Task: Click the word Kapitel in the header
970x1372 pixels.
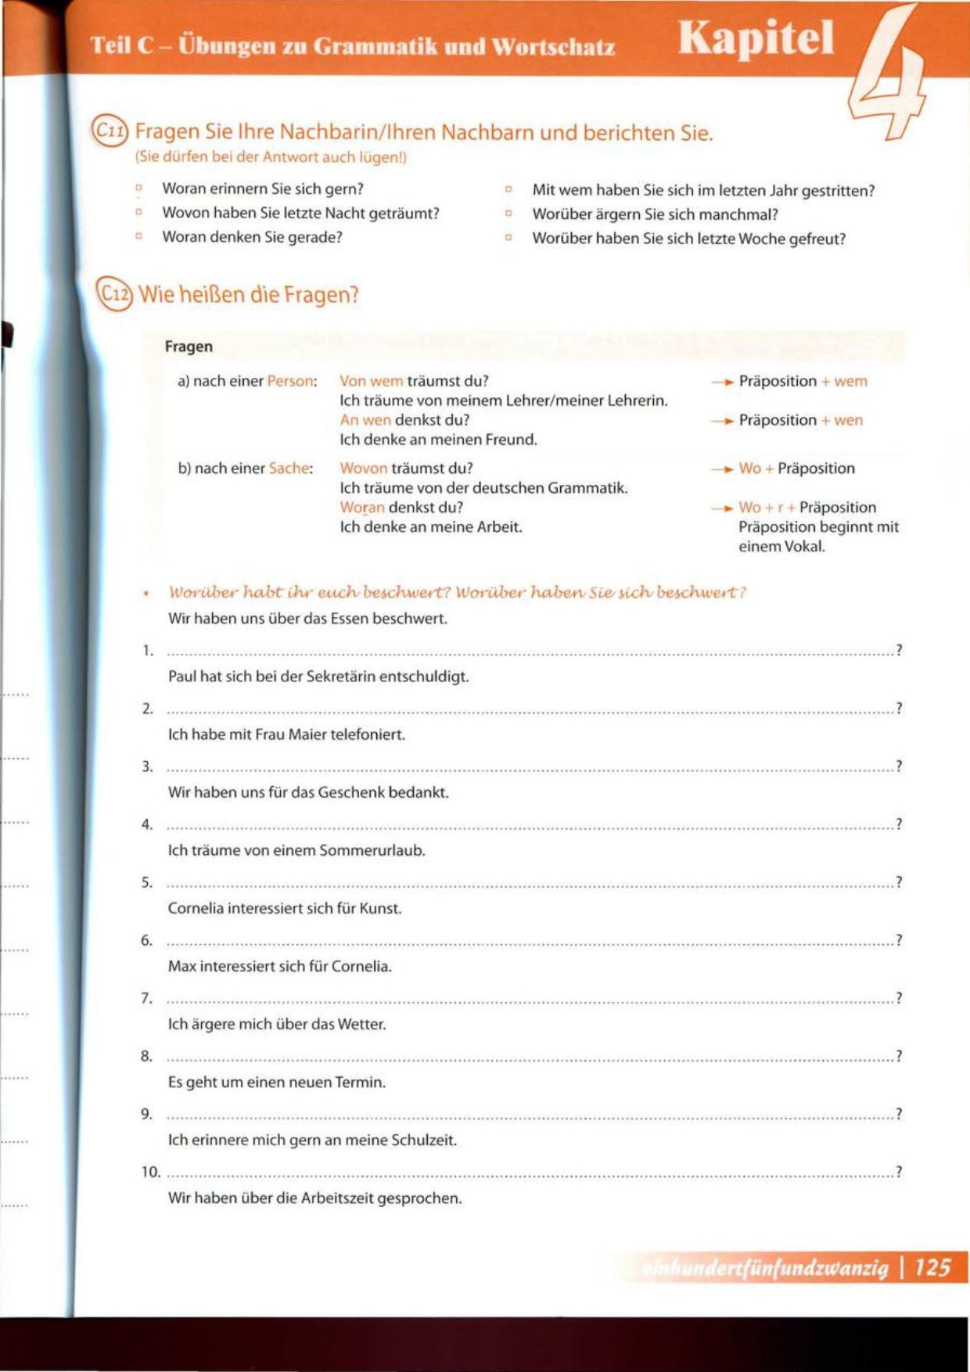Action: [756, 39]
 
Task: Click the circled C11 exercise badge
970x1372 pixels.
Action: [109, 131]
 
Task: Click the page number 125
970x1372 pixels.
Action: [932, 1267]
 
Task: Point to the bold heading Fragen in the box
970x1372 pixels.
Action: [189, 347]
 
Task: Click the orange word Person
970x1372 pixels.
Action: [290, 382]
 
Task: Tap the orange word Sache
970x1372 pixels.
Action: [289, 469]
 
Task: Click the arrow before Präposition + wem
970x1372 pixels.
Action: [721, 383]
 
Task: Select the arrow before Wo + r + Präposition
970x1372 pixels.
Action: [721, 508]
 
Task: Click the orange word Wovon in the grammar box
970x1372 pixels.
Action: [363, 469]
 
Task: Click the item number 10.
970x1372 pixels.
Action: [150, 1172]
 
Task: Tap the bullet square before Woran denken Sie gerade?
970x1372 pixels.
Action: [139, 236]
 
